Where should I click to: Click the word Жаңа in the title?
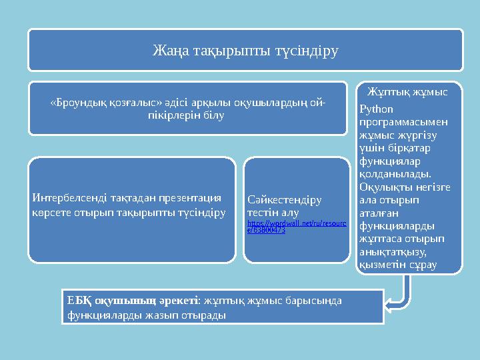click(x=167, y=51)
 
